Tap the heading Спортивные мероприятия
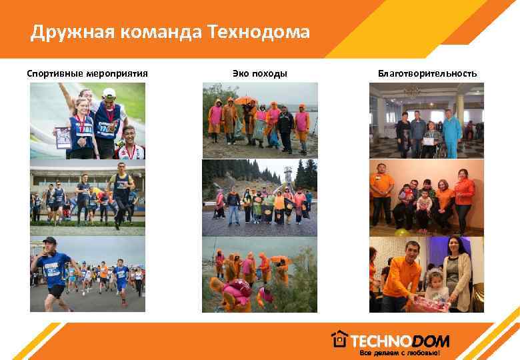(87, 73)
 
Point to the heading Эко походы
(260, 73)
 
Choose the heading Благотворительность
(427, 73)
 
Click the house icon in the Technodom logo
(340, 339)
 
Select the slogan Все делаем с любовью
(400, 352)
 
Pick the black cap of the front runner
(49, 240)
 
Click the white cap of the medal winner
(109, 93)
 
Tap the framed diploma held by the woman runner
(64, 137)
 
